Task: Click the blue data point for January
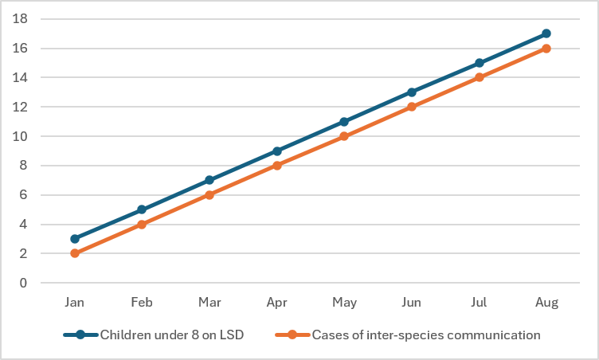coord(75,239)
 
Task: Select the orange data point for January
coord(75,253)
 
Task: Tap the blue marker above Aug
coord(546,33)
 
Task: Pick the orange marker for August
coord(546,49)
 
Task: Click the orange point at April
coord(277,166)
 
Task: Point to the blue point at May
coord(344,122)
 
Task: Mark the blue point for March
coord(209,180)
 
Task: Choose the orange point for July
coord(479,77)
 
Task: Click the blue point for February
coord(142,209)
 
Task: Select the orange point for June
coord(412,107)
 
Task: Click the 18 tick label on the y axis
coord(20,18)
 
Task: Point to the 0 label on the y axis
coord(24,283)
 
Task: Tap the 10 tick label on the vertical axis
coord(20,136)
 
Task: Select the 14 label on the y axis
coord(20,77)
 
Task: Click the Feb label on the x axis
coord(142,303)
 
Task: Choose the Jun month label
coord(412,303)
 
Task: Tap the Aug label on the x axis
coord(546,303)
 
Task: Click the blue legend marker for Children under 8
coord(80,335)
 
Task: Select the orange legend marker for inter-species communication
coord(292,335)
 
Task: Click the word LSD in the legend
coord(232,335)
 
